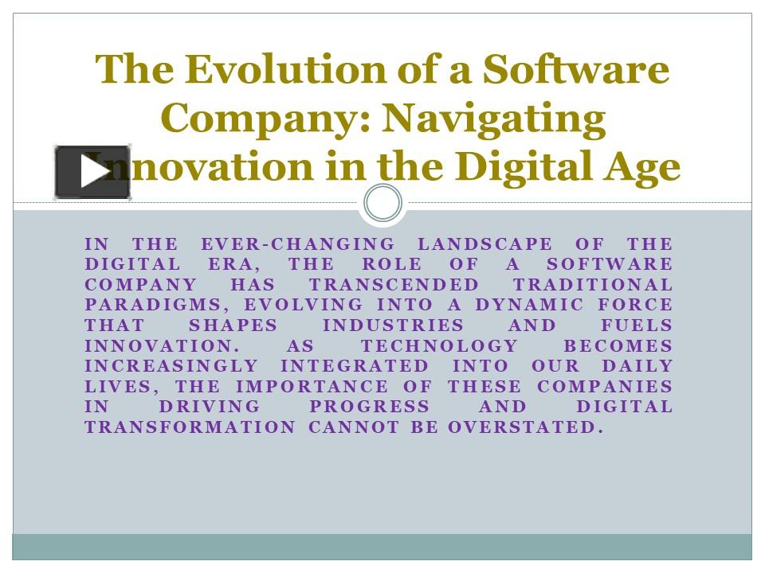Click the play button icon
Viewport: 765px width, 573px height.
tap(92, 172)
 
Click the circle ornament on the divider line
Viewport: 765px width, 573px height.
tap(382, 204)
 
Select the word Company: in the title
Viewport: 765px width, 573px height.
tap(263, 119)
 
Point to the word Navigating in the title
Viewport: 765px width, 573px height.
tap(493, 119)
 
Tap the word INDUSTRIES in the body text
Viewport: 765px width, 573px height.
tap(393, 326)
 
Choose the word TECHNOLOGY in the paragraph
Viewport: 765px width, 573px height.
tap(439, 346)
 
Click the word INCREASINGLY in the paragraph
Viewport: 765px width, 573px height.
tap(171, 367)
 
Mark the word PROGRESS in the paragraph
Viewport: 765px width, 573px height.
tap(369, 407)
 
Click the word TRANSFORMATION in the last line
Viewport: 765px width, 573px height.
tap(190, 427)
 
